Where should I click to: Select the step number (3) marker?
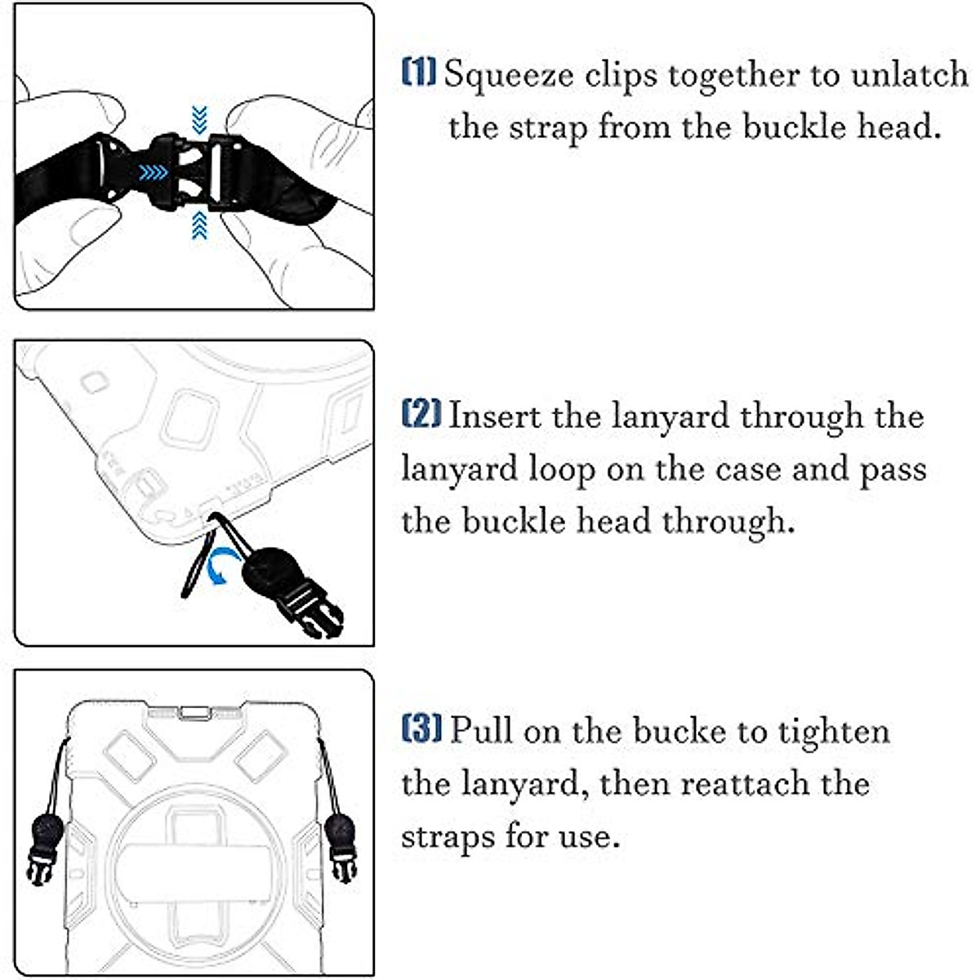[x=421, y=728]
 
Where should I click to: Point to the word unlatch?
[x=909, y=74]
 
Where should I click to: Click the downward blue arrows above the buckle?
[x=198, y=120]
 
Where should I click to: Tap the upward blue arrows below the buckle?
[x=198, y=225]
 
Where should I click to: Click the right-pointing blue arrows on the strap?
[x=153, y=173]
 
